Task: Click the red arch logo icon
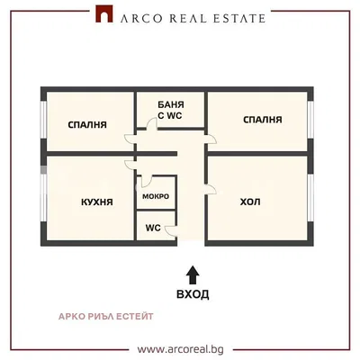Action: point(104,13)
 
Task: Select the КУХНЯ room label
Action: point(97,202)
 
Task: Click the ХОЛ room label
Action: point(250,202)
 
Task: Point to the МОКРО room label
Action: point(156,196)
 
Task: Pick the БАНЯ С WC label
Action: point(170,110)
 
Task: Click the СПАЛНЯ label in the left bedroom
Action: point(87,124)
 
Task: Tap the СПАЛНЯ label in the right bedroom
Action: point(263,120)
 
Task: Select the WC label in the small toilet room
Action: point(153,228)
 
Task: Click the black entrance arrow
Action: point(193,275)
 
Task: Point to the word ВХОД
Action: point(193,294)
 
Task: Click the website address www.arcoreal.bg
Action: point(180,349)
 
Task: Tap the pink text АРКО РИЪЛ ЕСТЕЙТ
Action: point(105,316)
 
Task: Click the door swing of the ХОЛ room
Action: point(211,189)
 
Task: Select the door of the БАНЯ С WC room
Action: point(152,124)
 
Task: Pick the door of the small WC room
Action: point(171,230)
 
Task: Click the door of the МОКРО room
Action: point(147,181)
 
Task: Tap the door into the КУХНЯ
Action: point(130,166)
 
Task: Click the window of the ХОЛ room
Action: point(310,198)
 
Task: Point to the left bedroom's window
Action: point(44,120)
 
